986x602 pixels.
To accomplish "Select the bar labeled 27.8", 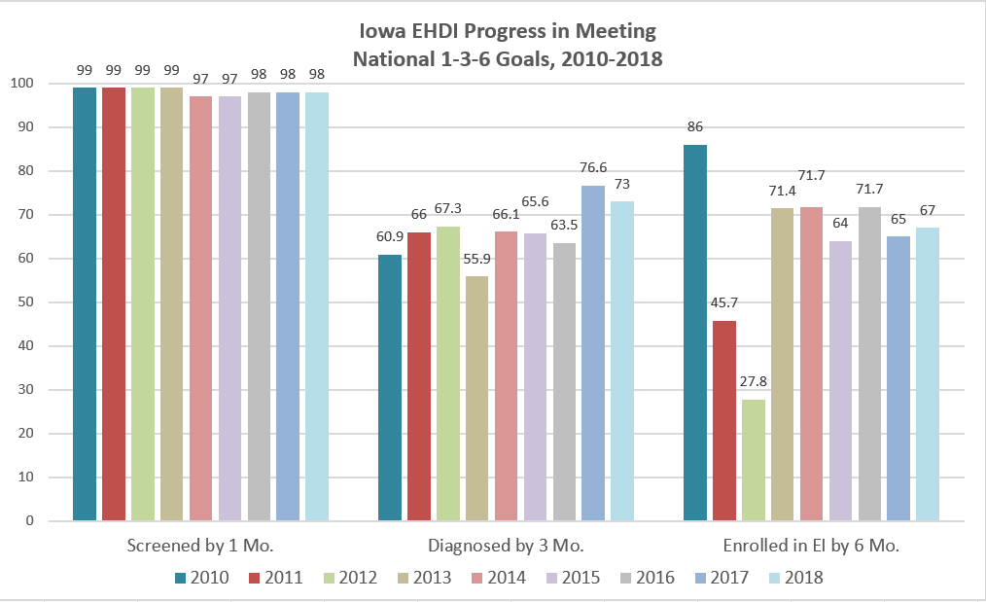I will [753, 460].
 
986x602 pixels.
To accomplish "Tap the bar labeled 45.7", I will [723, 421].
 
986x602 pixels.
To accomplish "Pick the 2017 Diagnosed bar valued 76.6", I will [593, 353].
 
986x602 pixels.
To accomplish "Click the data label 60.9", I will [389, 236].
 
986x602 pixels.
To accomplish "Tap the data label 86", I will [694, 126].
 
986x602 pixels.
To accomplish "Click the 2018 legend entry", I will [793, 578].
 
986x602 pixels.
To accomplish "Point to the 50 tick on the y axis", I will [28, 302].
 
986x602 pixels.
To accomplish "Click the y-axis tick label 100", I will [24, 84].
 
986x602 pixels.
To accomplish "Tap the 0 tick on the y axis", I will [32, 521].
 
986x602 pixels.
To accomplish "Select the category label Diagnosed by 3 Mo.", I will [506, 546].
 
